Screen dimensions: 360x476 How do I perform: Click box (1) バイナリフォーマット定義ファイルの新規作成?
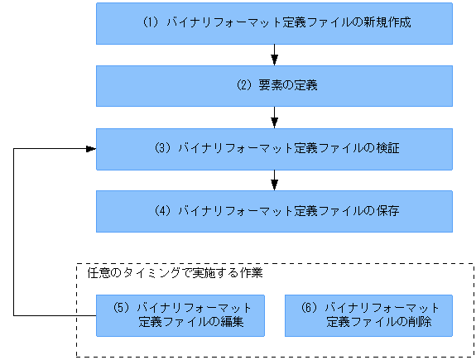[x=274, y=23]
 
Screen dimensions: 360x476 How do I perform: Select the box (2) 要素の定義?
[x=274, y=86]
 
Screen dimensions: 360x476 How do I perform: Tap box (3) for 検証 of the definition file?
[x=274, y=149]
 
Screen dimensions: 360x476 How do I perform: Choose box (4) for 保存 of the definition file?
[x=274, y=211]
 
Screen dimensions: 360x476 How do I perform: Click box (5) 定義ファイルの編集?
[x=180, y=315]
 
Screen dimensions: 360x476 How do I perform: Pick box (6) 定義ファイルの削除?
[x=368, y=315]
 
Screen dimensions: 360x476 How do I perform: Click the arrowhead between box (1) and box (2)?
[x=274, y=60]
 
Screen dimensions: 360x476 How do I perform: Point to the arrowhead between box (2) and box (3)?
[x=274, y=122]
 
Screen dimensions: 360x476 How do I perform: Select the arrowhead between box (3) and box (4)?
[x=274, y=185]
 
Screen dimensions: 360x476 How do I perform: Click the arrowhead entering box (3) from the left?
[x=90, y=149]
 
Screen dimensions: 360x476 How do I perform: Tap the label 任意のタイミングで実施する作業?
[x=175, y=271]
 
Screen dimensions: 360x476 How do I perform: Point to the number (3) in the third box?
[x=162, y=149]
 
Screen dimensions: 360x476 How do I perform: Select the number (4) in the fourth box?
[x=162, y=211]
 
